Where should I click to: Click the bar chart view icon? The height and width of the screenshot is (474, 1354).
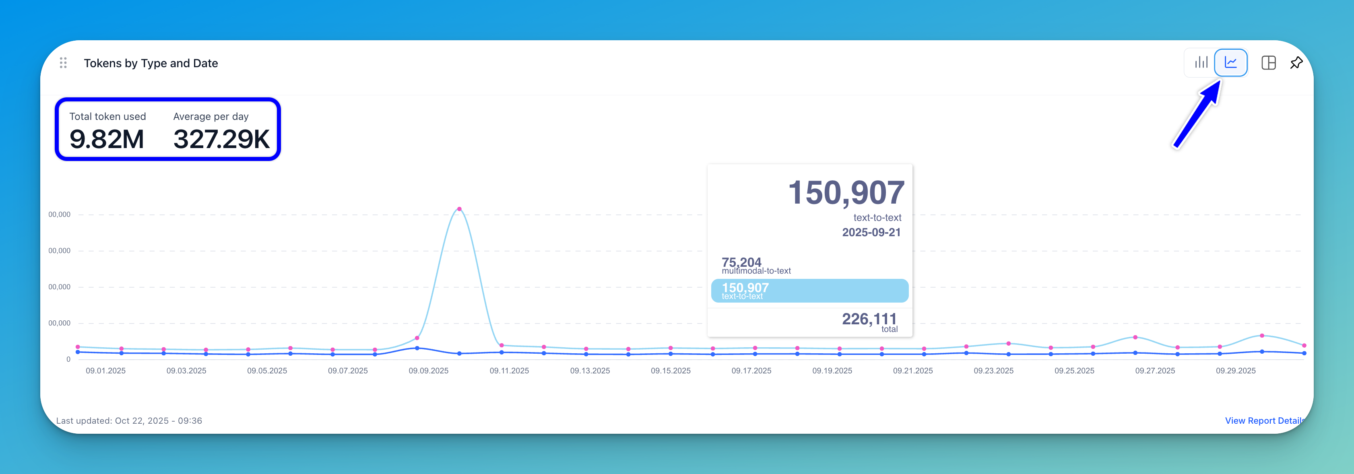tap(1201, 62)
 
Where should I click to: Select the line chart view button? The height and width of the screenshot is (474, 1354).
tap(1230, 62)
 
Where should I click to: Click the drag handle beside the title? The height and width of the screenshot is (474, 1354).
tap(63, 63)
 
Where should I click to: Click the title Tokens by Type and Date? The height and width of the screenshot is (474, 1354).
tap(151, 63)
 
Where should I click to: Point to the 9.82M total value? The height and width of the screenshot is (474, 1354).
tap(107, 139)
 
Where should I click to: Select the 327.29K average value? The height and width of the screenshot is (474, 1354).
tap(221, 139)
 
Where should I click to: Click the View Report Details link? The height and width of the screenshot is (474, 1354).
tap(1263, 420)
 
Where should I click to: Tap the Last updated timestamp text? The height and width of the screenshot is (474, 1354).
tap(129, 420)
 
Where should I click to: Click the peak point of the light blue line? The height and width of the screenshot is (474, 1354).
tap(459, 209)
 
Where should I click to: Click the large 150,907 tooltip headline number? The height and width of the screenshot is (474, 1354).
tap(846, 193)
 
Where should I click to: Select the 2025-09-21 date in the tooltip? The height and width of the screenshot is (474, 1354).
tap(871, 232)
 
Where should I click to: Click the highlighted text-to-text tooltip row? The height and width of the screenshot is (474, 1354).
tap(809, 291)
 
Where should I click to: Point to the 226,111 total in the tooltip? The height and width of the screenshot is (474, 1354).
tap(869, 319)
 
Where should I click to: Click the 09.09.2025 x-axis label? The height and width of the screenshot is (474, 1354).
tap(428, 371)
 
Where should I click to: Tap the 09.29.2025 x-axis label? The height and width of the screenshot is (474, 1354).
tap(1235, 371)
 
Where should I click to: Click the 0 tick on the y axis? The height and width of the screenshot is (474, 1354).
tap(68, 359)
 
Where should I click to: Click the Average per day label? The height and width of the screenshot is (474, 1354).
tap(211, 117)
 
